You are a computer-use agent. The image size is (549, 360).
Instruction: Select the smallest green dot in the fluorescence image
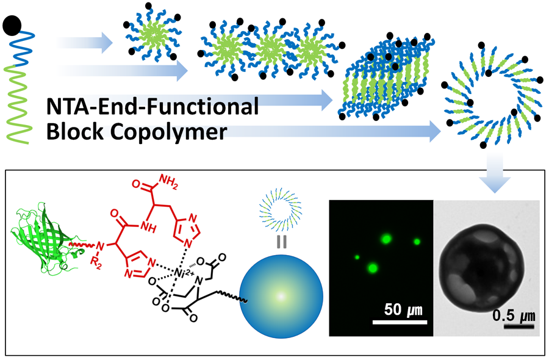pyautogui.click(x=357, y=257)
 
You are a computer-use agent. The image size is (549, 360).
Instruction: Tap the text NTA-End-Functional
pyautogui.click(x=152, y=108)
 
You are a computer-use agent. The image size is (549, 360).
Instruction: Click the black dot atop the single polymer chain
pyautogui.click(x=13, y=26)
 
